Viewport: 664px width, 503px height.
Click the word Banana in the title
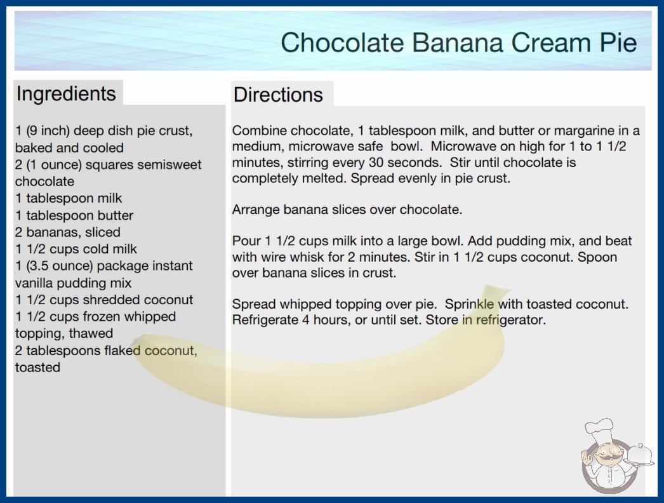(457, 43)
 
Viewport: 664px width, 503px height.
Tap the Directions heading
(278, 95)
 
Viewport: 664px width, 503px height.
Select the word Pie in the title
(618, 43)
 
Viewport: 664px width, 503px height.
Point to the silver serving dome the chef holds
(639, 455)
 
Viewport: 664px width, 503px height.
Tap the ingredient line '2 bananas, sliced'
(68, 232)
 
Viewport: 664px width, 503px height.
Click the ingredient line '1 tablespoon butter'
(74, 215)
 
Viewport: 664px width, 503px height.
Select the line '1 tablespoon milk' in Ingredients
(69, 198)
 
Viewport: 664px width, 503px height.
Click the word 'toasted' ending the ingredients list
(37, 367)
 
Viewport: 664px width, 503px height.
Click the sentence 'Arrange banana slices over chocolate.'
(347, 210)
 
